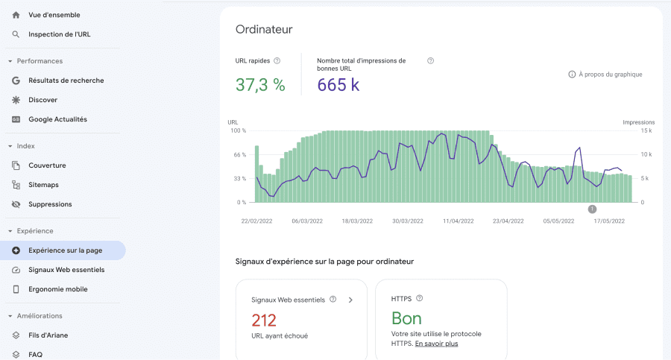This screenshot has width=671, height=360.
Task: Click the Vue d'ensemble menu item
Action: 54,15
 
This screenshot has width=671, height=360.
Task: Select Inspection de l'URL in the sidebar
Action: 59,34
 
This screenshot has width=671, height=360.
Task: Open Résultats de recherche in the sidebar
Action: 66,80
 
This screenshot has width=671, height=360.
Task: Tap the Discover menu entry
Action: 42,100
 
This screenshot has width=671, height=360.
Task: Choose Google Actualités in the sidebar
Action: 57,119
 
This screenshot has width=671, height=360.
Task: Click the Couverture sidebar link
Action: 47,165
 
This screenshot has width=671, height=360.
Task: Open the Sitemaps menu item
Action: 43,185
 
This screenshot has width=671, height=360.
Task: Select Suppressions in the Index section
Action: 50,204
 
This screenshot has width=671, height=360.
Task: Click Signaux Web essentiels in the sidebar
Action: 66,270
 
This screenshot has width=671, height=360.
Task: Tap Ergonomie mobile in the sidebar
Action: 57,289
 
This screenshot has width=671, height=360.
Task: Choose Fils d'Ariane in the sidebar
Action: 48,335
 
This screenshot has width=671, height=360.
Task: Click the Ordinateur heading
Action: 264,30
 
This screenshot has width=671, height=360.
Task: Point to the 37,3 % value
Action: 260,85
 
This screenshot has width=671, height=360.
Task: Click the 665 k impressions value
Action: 338,85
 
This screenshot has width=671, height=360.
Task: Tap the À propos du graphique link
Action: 610,75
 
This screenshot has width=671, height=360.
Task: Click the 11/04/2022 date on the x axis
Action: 459,221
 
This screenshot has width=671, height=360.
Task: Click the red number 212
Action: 264,320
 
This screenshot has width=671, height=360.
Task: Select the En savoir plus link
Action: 436,344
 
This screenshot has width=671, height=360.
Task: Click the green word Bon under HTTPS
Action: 406,318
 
